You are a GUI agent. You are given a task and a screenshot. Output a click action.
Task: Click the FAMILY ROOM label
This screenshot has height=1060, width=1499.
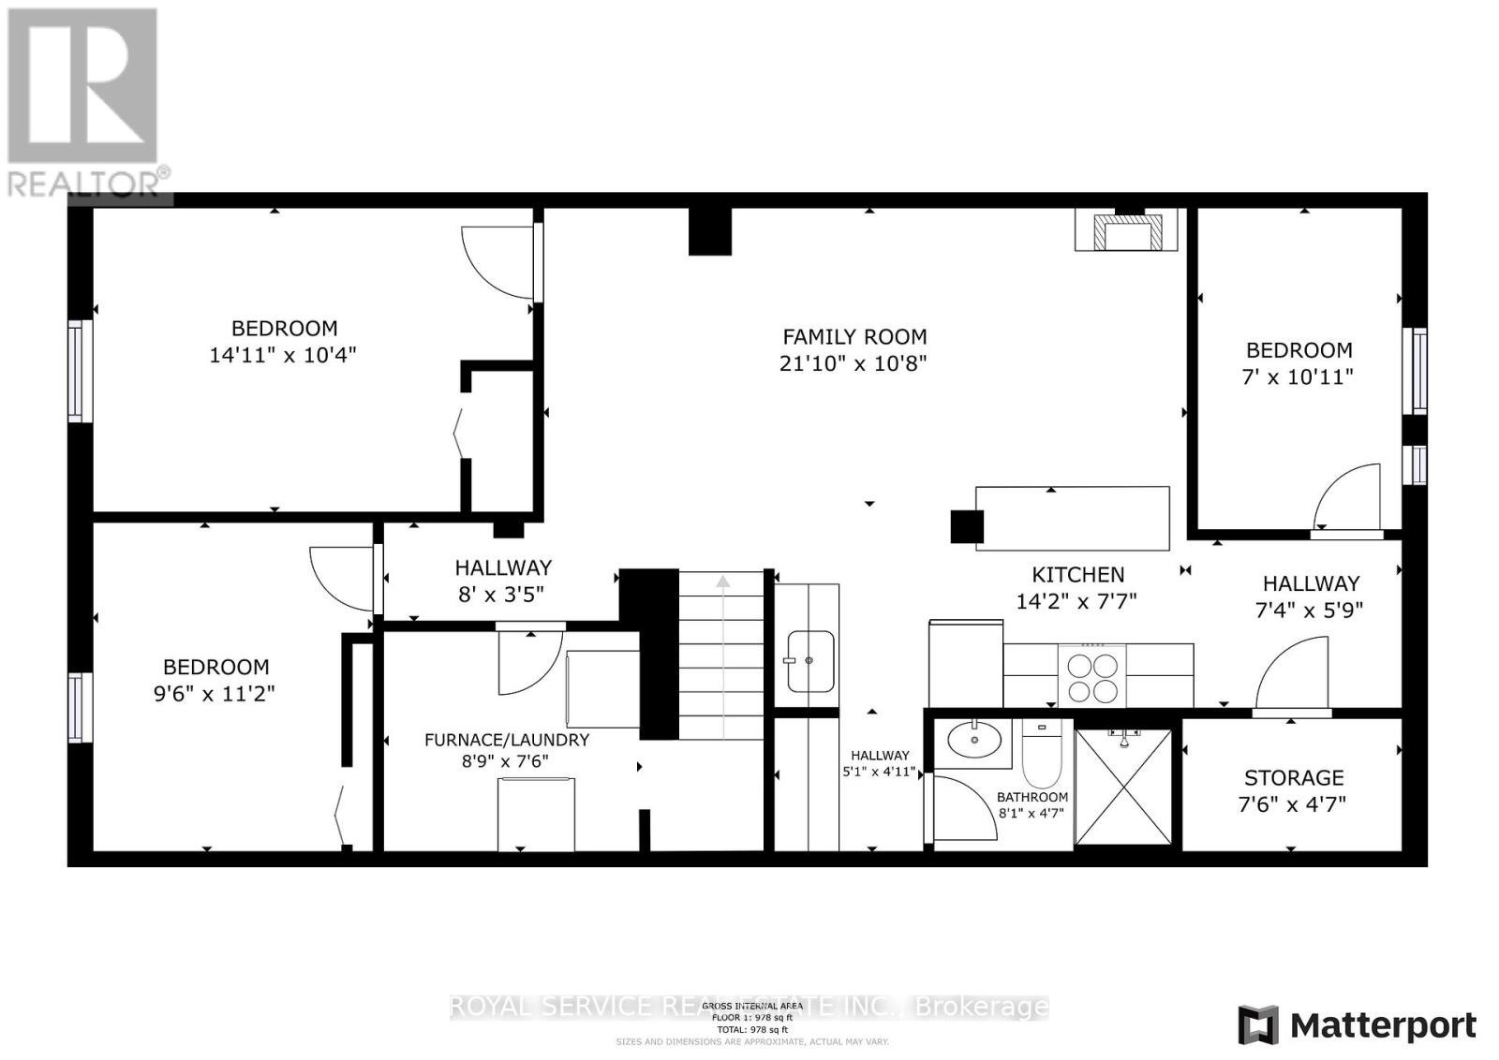[854, 336]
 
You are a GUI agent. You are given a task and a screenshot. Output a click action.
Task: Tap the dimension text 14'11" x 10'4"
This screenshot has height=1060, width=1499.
[283, 356]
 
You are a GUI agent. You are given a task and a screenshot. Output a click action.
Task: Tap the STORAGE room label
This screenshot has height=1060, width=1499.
[1294, 777]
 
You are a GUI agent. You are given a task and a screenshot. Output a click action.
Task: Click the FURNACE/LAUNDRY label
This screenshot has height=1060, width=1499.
[507, 740]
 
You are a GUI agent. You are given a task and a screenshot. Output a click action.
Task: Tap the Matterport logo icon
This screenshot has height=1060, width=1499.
[1257, 1025]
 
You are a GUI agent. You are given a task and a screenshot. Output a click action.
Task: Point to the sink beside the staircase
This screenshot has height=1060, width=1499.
[809, 661]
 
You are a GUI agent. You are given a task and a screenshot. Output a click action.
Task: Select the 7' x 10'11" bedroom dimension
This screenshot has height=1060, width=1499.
[1299, 376]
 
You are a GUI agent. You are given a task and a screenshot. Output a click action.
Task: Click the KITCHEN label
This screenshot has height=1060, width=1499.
[1077, 574]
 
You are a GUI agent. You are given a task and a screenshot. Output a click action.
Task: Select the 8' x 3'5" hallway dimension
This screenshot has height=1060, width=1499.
[503, 593]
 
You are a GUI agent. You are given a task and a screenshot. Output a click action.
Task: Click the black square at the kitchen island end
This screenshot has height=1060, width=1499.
[966, 526]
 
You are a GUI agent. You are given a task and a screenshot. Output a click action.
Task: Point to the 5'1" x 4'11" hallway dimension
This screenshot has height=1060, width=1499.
[881, 773]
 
